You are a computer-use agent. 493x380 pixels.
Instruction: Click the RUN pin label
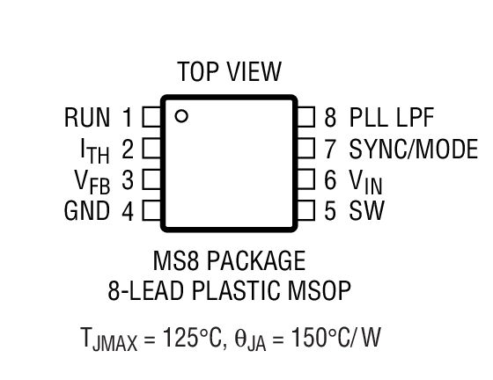click(87, 117)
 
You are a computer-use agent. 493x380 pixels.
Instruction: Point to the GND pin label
click(87, 211)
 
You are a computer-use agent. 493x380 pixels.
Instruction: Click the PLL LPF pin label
click(391, 117)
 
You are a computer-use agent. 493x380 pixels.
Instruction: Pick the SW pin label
click(366, 211)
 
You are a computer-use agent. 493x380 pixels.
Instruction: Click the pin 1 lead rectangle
click(151, 116)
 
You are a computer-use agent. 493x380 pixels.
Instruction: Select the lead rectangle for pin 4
click(151, 211)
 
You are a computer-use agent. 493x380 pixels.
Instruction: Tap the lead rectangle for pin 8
click(305, 116)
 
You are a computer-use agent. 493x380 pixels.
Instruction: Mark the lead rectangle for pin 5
click(305, 211)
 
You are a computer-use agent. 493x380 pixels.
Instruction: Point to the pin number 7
click(330, 148)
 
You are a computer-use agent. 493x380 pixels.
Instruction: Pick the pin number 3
click(127, 180)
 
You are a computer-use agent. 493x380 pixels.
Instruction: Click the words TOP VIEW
click(229, 71)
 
